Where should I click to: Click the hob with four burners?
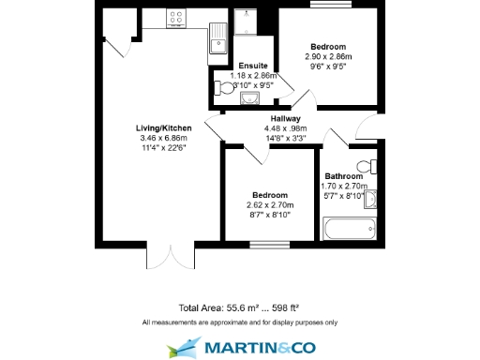tap(174, 16)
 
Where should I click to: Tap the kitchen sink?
tap(217, 38)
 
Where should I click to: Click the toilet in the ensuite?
tap(223, 89)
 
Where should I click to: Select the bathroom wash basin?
tap(370, 199)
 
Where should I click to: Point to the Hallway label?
tap(285, 119)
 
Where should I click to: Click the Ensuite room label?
tap(253, 65)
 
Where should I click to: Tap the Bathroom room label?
tap(343, 175)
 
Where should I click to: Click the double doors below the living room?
tap(172, 255)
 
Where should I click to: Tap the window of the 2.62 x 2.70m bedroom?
tap(268, 246)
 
